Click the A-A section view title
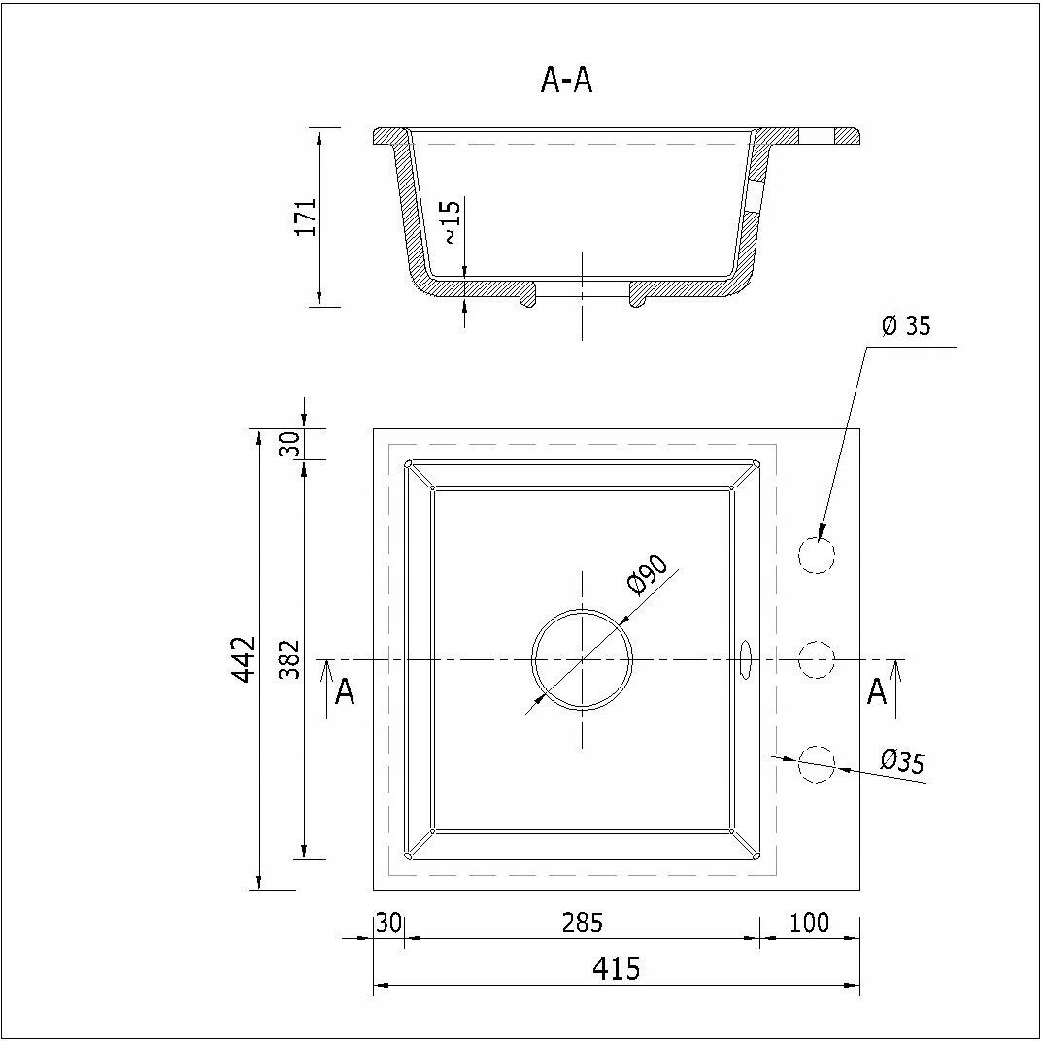(566, 82)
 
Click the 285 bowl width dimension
(582, 923)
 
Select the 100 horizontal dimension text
(809, 923)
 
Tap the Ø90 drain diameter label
(648, 575)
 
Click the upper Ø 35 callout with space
(906, 326)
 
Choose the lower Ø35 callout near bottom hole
(901, 762)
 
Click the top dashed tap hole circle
(816, 555)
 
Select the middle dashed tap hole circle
(816, 659)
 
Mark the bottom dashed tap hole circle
(816, 763)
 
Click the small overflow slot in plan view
(746, 658)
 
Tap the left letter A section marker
(344, 692)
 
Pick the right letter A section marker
(877, 692)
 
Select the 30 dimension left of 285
(388, 923)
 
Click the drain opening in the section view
(582, 289)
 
